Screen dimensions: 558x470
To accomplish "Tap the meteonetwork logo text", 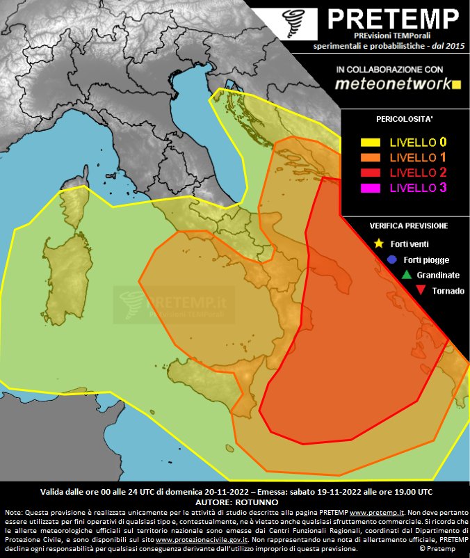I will coord(394,83).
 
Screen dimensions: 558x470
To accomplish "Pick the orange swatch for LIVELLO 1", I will coord(371,157).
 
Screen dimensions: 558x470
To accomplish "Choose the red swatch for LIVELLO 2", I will coord(371,172).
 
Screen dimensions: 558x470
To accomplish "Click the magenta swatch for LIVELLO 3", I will coord(371,187).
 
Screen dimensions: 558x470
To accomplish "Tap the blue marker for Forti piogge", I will coord(392,260).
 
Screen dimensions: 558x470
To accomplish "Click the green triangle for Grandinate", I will coord(407,275).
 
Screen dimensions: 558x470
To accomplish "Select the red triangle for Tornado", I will coord(420,290).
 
